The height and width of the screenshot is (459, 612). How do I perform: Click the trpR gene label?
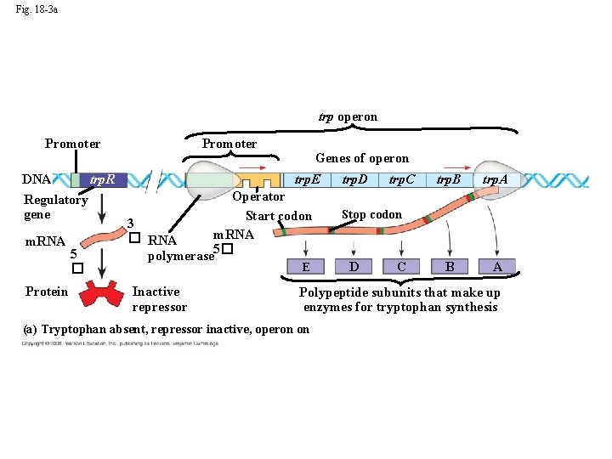109,180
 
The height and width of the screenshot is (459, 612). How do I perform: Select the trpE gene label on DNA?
307,179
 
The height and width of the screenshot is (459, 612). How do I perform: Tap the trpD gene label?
355,179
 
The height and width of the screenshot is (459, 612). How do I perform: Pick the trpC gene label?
402,179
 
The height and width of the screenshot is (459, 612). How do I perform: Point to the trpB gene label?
449,179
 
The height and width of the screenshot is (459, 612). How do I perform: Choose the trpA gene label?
496,179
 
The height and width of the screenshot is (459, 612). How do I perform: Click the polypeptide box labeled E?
305,267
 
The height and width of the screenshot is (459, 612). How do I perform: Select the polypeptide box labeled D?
354,267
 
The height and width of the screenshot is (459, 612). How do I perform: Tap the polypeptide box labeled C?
401,267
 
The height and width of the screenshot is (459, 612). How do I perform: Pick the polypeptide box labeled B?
450,267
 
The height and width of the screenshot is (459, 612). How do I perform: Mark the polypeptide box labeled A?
497,267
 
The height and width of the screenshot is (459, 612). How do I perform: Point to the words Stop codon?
371,215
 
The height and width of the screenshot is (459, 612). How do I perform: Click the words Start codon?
279,216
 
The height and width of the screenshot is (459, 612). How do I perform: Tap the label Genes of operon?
362,158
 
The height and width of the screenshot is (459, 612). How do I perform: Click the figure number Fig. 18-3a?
37,10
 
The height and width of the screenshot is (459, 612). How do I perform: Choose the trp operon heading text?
348,117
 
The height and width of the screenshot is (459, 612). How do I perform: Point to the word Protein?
47,292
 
